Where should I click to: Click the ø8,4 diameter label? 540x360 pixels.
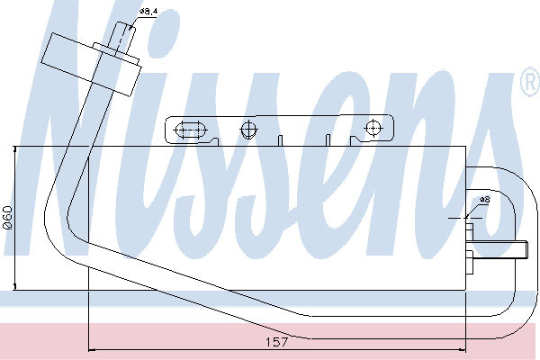tap(148, 12)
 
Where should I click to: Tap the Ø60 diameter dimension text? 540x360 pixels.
tap(7, 218)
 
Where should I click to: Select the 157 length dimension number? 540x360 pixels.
tap(276, 342)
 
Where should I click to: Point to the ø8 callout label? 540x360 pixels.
tap(485, 200)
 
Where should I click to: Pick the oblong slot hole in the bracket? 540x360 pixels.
tap(191, 130)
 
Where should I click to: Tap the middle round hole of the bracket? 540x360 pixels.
tap(248, 130)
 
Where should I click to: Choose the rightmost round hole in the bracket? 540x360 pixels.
tap(373, 128)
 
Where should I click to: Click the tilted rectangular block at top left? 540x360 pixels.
tap(91, 65)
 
